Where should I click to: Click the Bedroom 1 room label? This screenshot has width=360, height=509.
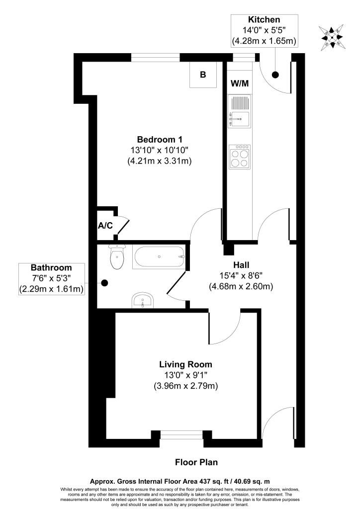(x=156, y=139)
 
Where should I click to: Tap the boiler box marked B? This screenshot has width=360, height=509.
(x=203, y=75)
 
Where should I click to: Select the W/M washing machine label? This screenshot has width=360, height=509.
(x=239, y=83)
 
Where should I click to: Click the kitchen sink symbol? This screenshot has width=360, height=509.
(x=240, y=117)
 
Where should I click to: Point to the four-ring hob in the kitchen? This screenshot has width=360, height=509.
(x=240, y=157)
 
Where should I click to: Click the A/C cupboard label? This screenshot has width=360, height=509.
(x=105, y=226)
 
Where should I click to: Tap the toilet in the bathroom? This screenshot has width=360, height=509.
(x=116, y=258)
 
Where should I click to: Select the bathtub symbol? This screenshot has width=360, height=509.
(x=159, y=257)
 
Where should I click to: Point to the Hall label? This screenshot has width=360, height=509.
(x=241, y=264)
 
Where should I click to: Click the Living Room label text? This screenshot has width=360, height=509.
(x=185, y=364)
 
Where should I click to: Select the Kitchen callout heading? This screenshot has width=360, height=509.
(x=264, y=20)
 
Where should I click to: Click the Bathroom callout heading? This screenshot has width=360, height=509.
(x=51, y=267)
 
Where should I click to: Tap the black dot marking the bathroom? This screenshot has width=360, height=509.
(x=104, y=283)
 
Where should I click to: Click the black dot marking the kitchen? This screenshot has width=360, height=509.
(x=275, y=75)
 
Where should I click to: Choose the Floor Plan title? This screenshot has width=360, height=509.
(x=196, y=462)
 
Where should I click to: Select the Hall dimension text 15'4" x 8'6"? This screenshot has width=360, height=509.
(x=241, y=275)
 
